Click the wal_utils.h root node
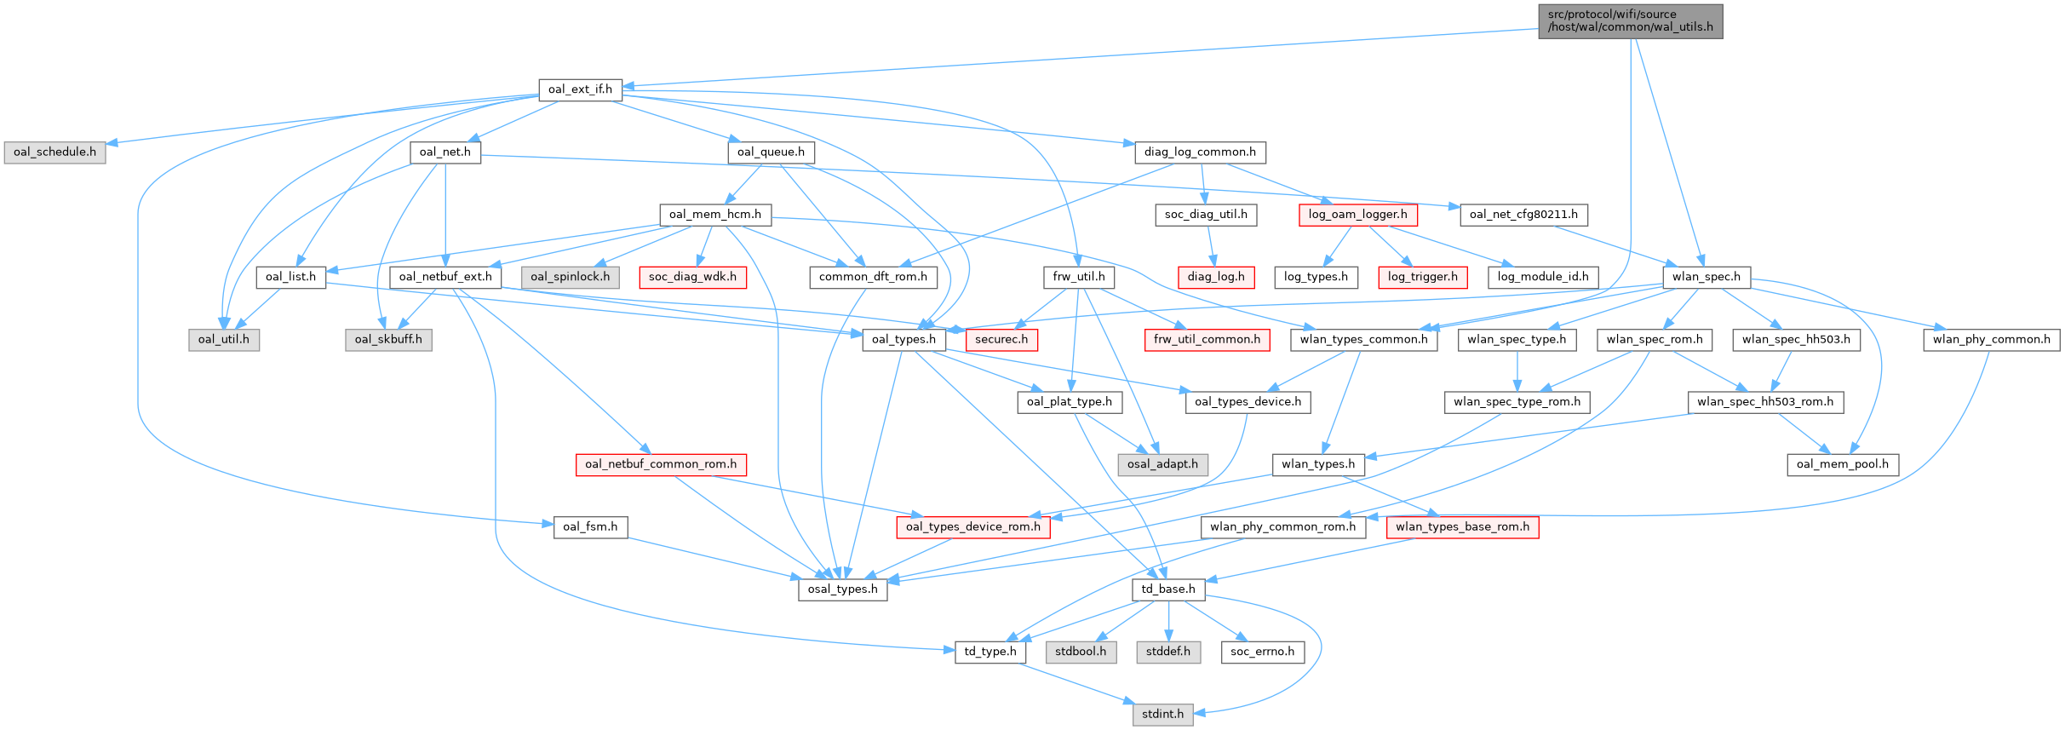point(1630,21)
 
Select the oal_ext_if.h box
point(580,89)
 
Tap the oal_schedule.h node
point(54,152)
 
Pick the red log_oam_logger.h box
point(1357,215)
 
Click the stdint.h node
point(1162,714)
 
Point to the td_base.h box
point(1167,589)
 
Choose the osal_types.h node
point(842,589)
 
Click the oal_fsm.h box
point(590,527)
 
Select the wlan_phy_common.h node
point(1991,340)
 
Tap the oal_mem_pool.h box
point(1842,464)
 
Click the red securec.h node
point(1001,340)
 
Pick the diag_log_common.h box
point(1199,152)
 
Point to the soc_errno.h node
point(1262,652)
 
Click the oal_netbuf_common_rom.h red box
point(661,464)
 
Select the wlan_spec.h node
point(1706,277)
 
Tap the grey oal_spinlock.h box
point(570,277)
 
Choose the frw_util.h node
point(1078,277)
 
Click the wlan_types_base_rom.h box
point(1461,527)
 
